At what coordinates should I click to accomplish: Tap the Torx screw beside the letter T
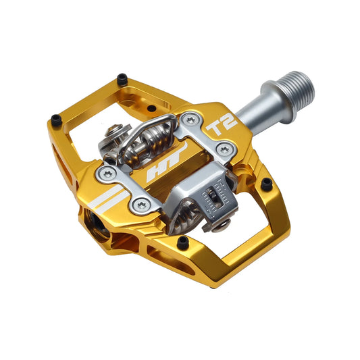[x=192, y=120]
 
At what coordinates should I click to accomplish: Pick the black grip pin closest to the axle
[x=267, y=183]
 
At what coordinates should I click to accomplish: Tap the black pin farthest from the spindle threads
[x=55, y=120]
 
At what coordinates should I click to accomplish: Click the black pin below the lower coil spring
[x=182, y=241]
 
